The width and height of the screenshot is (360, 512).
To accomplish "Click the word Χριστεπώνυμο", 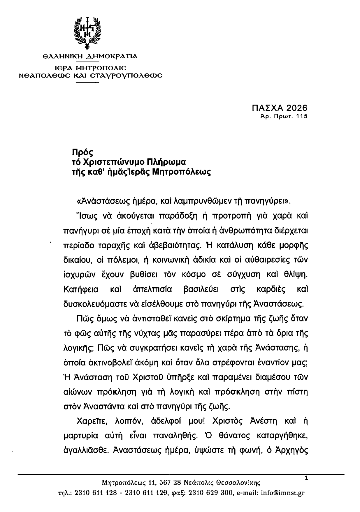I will [x=112, y=162].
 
